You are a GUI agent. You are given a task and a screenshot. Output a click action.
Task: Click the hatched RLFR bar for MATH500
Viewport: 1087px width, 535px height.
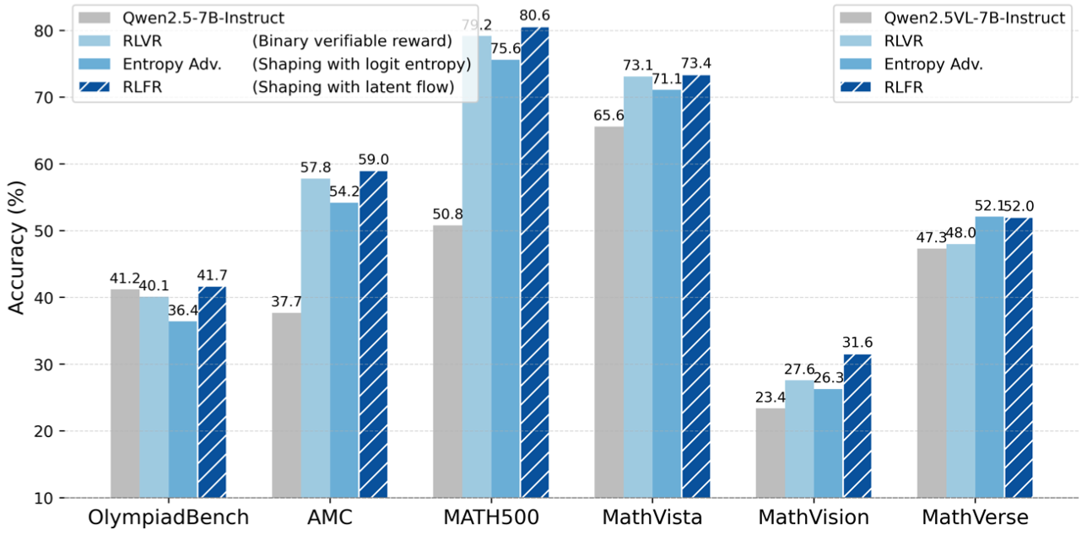[534, 262]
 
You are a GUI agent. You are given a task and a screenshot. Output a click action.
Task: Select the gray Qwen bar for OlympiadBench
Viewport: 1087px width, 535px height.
[125, 393]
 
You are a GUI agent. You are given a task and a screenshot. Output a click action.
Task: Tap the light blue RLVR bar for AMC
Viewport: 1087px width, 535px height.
[315, 338]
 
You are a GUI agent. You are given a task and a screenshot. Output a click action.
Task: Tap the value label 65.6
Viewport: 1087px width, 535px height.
[608, 116]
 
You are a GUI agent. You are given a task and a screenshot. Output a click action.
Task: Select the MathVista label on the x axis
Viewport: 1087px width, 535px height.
[652, 516]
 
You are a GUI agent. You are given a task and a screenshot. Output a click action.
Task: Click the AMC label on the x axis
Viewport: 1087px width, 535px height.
[329, 516]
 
